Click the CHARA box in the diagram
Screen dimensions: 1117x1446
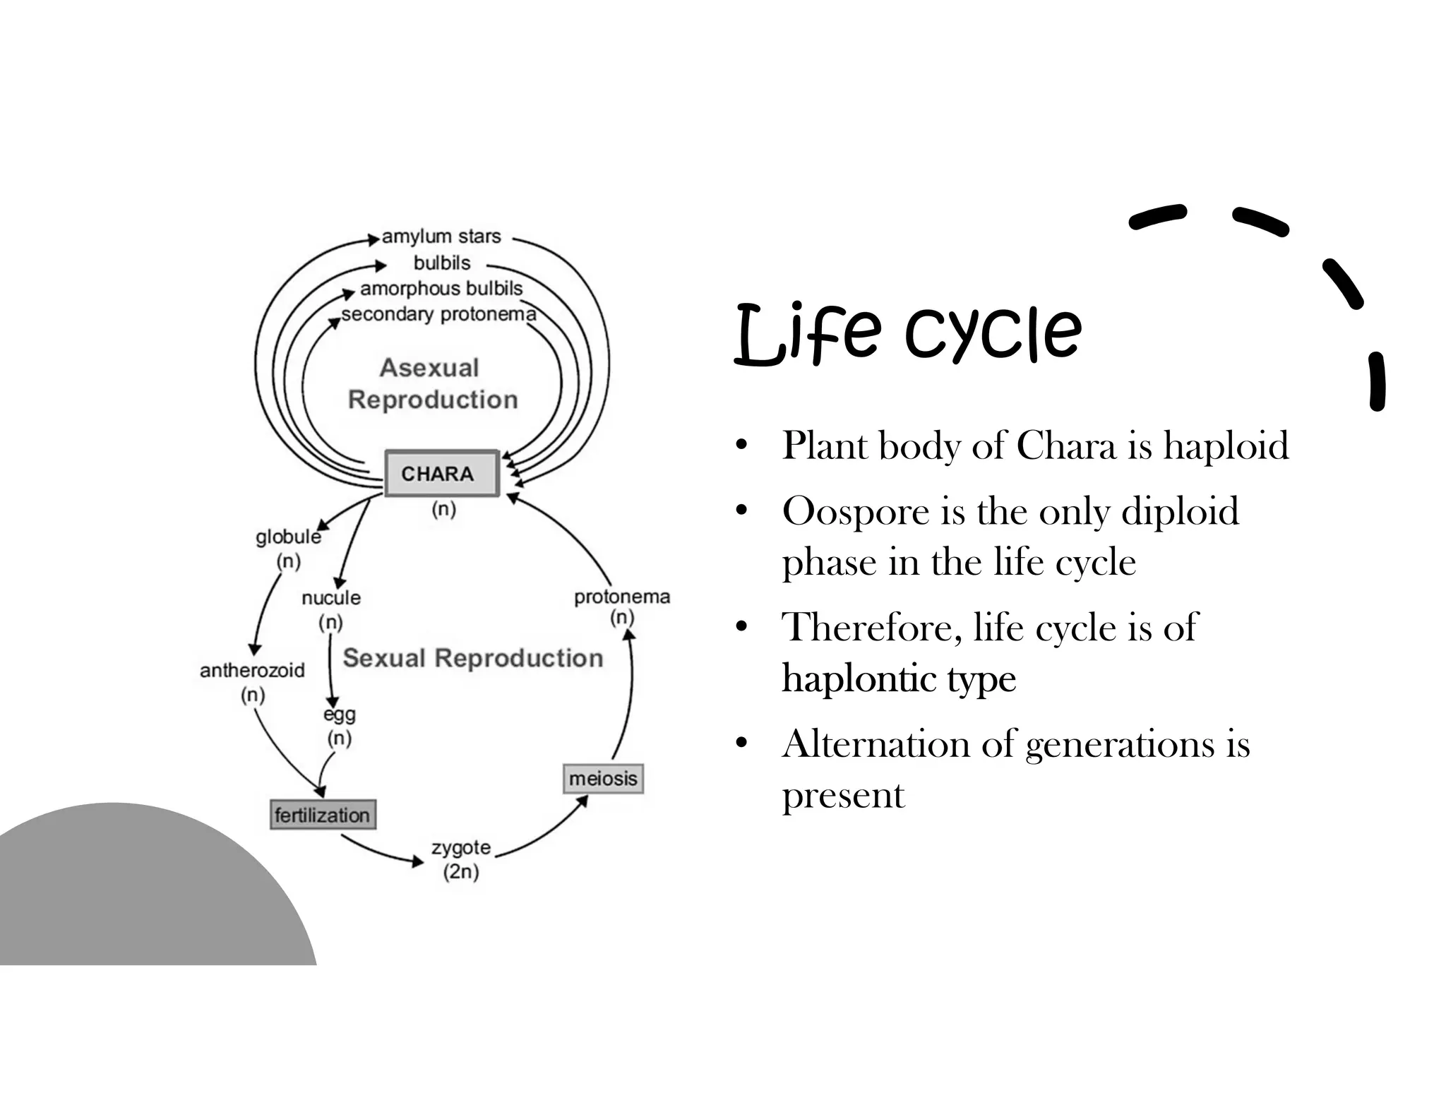pyautogui.click(x=441, y=473)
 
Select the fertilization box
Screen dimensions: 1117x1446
pyautogui.click(x=323, y=815)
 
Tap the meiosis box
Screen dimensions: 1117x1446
pyautogui.click(x=603, y=778)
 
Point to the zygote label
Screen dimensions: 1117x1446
pyautogui.click(x=461, y=847)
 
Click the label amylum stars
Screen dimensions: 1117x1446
pyautogui.click(x=441, y=237)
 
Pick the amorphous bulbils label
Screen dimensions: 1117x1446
pyautogui.click(x=441, y=289)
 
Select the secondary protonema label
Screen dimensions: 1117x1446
pyautogui.click(x=438, y=314)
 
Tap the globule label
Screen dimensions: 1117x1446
pyautogui.click(x=288, y=537)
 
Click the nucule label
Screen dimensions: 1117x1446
pyautogui.click(x=330, y=598)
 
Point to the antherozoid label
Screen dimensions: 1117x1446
pyautogui.click(x=252, y=670)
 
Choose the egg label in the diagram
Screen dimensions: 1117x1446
pyautogui.click(x=340, y=715)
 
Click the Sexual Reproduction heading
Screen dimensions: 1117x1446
pyautogui.click(x=472, y=658)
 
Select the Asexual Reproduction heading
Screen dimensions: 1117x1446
pyautogui.click(x=432, y=383)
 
